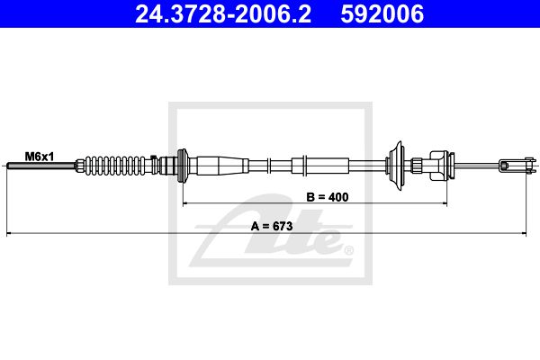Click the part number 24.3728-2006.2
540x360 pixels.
[223, 13]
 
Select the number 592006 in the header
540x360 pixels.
[382, 13]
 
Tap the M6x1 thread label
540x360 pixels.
[40, 157]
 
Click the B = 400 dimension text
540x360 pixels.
[328, 197]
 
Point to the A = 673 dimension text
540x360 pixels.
[272, 226]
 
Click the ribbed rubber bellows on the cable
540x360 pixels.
[115, 166]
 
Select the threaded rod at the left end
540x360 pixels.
[41, 166]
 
